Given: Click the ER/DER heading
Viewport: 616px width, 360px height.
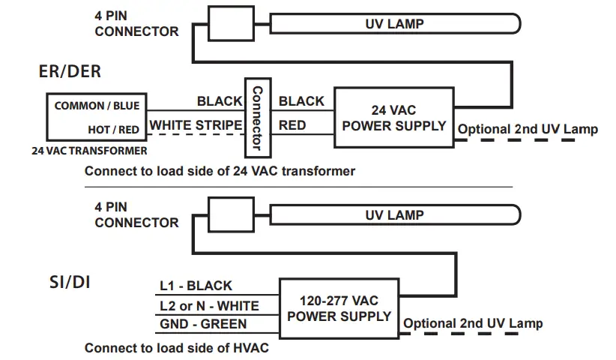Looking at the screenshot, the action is (70, 71).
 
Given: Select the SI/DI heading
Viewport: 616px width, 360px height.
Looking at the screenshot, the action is (70, 282).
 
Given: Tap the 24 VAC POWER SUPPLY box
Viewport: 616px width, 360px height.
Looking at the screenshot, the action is (394, 118).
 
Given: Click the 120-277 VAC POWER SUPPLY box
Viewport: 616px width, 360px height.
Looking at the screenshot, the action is (339, 308).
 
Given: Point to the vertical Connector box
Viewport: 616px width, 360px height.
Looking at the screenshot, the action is (258, 118).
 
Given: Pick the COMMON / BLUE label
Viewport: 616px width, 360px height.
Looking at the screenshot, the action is (97, 106).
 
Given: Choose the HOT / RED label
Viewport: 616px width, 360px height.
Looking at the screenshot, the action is (114, 130).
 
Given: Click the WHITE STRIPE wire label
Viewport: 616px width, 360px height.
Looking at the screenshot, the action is (196, 125).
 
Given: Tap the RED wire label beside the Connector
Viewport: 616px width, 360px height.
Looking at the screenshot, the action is (292, 125).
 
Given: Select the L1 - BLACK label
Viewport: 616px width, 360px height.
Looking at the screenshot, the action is (196, 286).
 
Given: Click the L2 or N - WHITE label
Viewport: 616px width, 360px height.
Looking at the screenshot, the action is (209, 306).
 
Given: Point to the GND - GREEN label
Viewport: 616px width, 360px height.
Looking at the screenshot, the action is (203, 324).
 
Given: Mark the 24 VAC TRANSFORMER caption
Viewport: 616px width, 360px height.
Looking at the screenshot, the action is (89, 151).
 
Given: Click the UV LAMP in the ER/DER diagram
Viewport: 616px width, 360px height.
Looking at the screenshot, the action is (395, 23).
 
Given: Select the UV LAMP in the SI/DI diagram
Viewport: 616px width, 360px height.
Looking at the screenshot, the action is (395, 215).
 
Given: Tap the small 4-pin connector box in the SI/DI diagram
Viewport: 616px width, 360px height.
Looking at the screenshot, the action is (231, 214).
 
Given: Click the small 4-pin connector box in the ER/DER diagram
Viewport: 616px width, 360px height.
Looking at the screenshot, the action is (231, 23).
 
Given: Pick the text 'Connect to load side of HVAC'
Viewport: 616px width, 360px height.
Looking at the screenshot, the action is (177, 348).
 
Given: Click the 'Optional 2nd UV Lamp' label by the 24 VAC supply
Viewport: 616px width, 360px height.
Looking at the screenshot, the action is (528, 129).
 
